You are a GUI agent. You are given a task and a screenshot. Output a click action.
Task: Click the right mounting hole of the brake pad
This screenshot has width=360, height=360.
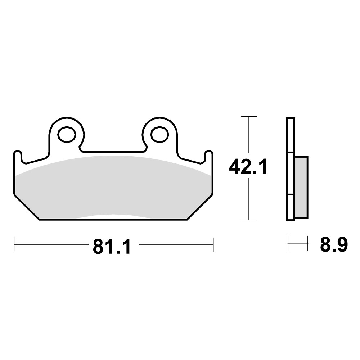[x=160, y=134]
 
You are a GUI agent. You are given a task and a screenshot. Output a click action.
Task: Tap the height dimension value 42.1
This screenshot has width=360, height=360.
[x=248, y=167]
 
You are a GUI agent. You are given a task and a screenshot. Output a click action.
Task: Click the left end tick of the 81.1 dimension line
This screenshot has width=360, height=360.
[x=14, y=244]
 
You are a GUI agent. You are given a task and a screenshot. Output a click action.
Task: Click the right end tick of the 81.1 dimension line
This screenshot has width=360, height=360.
[x=213, y=244]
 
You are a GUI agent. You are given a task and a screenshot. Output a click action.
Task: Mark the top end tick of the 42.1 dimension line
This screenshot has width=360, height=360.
[x=249, y=117]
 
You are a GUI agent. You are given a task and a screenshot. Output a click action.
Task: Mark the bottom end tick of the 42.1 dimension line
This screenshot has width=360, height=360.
[x=249, y=220]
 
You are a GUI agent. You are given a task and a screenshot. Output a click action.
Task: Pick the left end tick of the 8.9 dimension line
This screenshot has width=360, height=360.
[x=288, y=243]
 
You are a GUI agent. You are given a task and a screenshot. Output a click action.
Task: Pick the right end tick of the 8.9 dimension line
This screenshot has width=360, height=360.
[x=308, y=243]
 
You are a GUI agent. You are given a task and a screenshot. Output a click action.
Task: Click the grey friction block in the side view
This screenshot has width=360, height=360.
[x=301, y=187]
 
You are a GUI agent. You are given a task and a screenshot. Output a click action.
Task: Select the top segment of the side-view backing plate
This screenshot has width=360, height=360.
[x=291, y=135]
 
